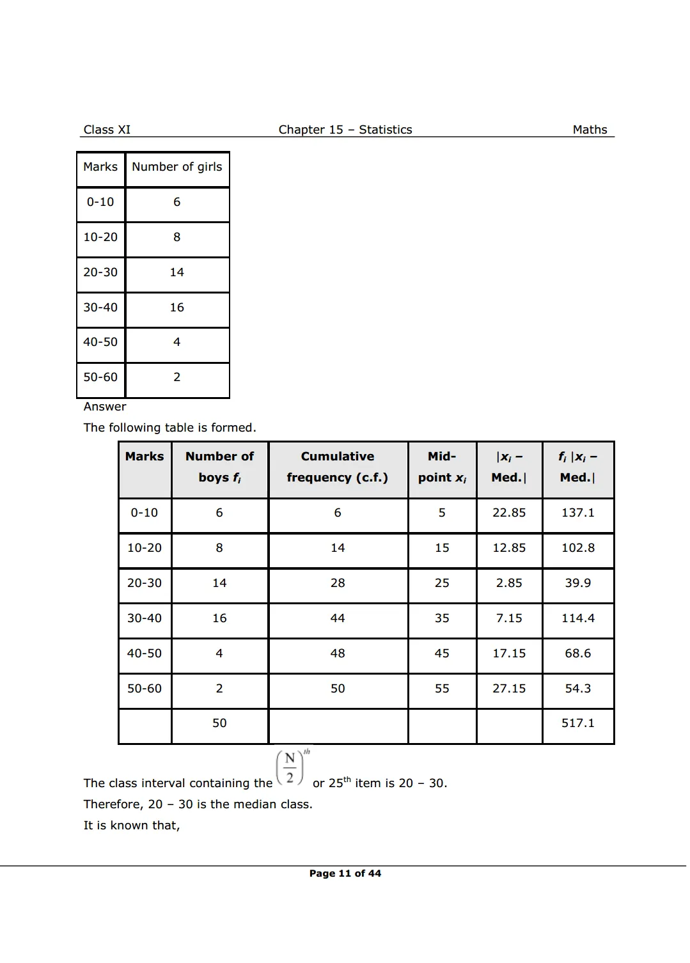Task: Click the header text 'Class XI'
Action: [107, 130]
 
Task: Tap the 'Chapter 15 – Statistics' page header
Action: [345, 130]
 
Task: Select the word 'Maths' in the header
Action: [590, 130]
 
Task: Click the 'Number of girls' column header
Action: [177, 167]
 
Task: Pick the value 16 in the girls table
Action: [177, 308]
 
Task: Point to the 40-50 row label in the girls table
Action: [100, 342]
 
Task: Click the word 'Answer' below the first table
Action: [105, 407]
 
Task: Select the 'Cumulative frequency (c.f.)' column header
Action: [338, 467]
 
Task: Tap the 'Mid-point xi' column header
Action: [442, 467]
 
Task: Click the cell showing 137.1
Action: [578, 513]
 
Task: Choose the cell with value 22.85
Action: [509, 513]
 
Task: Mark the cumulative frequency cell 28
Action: [338, 583]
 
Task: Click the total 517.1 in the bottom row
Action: [578, 723]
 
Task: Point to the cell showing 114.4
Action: [578, 618]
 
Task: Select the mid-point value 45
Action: [442, 654]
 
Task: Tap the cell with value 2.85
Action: [509, 583]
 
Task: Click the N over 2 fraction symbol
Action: [290, 768]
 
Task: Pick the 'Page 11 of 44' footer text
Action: [345, 873]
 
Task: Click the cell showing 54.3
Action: [578, 689]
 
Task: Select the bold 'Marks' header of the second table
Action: [145, 457]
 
